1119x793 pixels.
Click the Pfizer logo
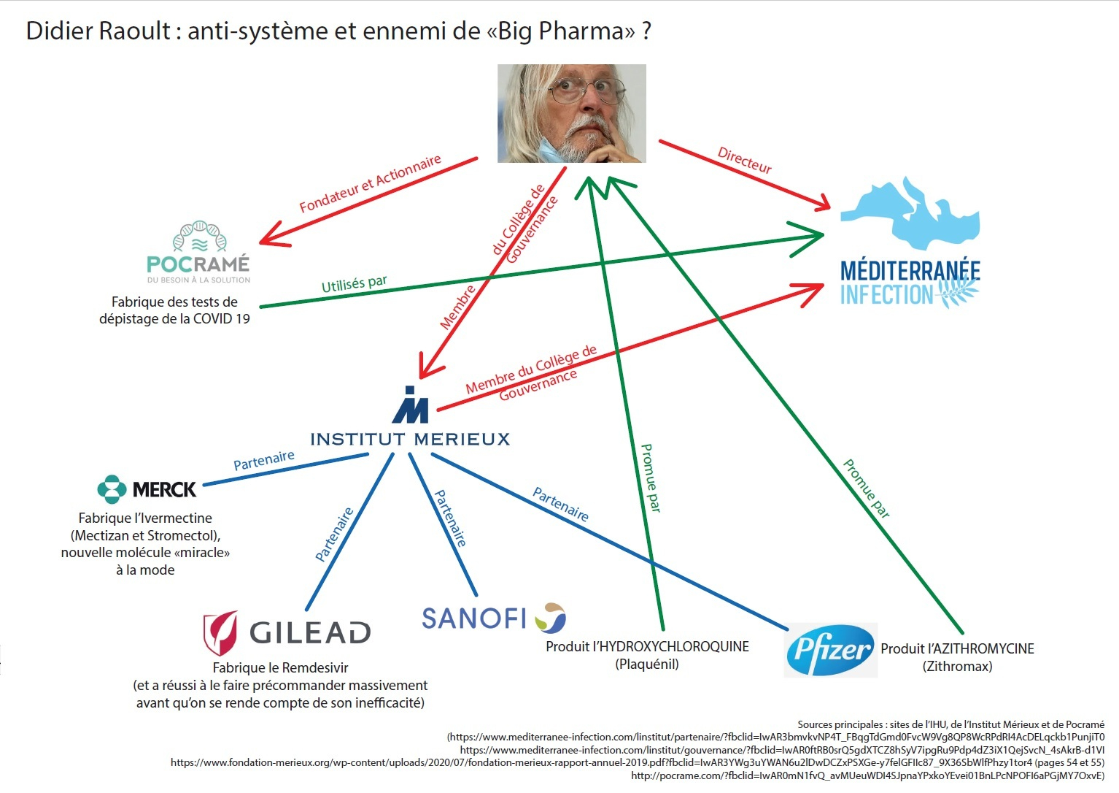coord(830,650)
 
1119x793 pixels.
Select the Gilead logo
coord(287,632)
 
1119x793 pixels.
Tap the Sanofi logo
coord(494,618)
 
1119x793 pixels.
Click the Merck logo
coord(147,489)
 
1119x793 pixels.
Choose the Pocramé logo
coord(198,253)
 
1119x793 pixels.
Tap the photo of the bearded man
coord(571,113)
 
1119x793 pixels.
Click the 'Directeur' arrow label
coord(744,161)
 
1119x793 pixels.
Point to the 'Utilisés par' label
coord(355,283)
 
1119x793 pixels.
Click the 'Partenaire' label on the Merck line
coord(264,460)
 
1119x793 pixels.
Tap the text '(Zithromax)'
coord(957,666)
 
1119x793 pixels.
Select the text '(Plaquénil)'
coord(647,664)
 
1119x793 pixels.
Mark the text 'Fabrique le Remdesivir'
coord(280,667)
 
